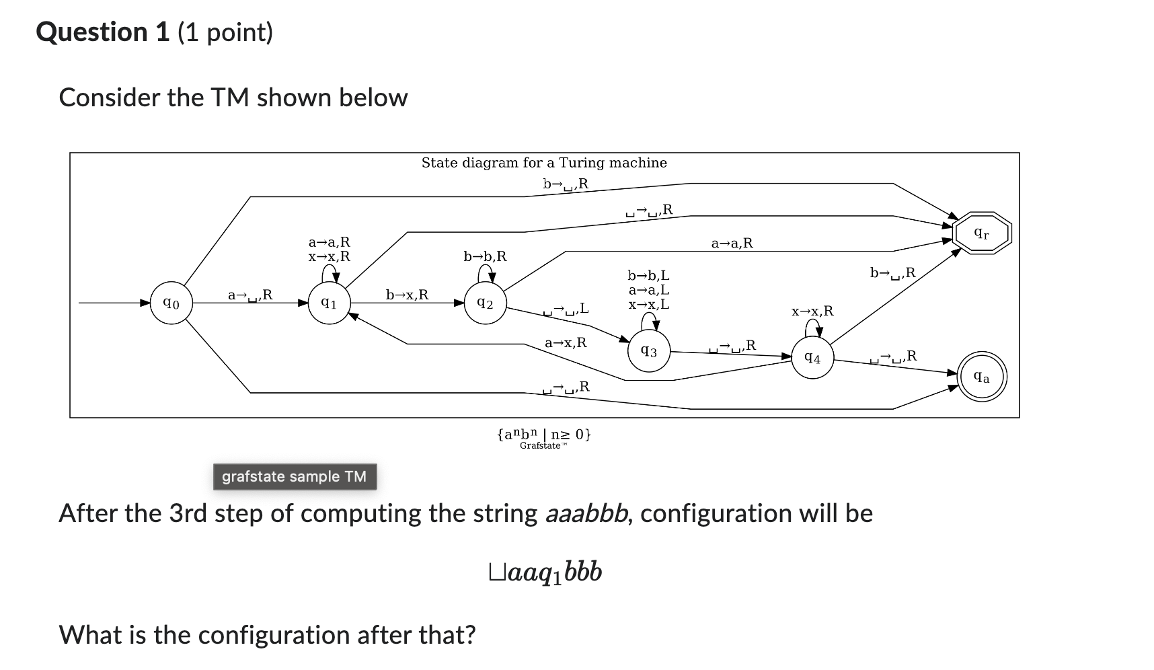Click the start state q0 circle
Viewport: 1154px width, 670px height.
tap(171, 303)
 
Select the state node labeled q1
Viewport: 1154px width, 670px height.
tap(329, 303)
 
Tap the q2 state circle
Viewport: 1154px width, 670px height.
tap(486, 303)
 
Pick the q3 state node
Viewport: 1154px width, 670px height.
tap(649, 350)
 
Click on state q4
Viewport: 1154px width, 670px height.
tap(812, 358)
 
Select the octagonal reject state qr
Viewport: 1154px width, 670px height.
tap(982, 233)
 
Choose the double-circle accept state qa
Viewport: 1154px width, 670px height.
tap(982, 377)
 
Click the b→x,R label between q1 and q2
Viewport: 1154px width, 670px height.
tap(407, 295)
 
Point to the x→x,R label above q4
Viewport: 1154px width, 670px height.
tap(812, 311)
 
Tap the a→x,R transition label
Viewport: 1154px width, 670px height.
tap(566, 342)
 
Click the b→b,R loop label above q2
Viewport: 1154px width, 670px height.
tap(485, 256)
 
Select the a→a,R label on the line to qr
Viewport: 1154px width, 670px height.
tap(732, 243)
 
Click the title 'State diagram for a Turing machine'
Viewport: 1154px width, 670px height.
tap(544, 163)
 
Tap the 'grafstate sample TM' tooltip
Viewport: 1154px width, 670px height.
tap(295, 476)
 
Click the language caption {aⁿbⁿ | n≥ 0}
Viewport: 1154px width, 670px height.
tap(544, 434)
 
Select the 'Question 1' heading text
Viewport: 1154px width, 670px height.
tap(102, 32)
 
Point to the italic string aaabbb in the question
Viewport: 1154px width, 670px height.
tap(588, 514)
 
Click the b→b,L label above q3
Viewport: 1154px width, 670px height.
tap(648, 275)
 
